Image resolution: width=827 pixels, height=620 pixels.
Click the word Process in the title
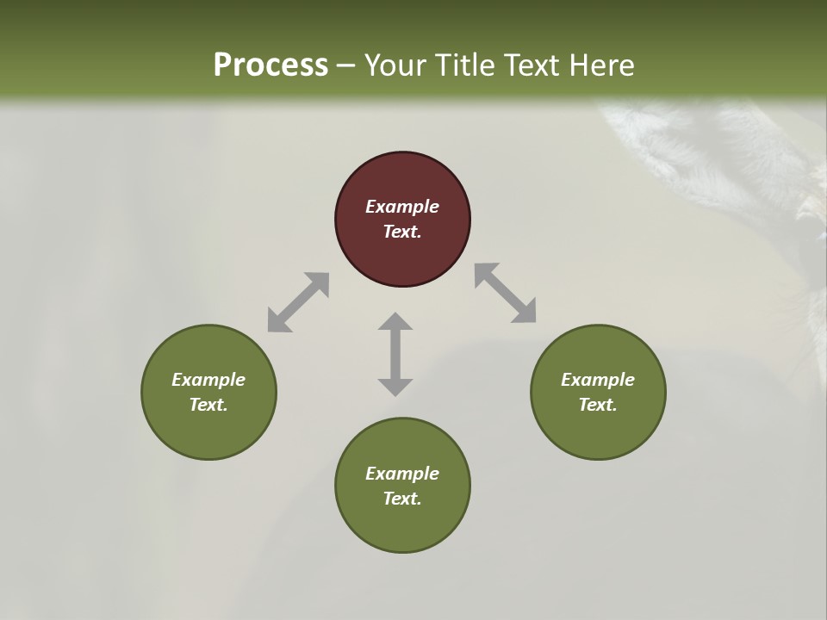(x=270, y=65)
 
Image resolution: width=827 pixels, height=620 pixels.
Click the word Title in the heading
(x=464, y=65)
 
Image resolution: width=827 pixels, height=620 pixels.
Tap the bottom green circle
(x=402, y=525)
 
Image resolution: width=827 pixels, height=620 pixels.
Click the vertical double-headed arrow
(x=395, y=354)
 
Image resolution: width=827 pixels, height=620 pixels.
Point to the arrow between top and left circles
(x=298, y=302)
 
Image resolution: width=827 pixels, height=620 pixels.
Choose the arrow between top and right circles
(x=506, y=293)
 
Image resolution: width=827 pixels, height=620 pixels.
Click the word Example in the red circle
(x=402, y=207)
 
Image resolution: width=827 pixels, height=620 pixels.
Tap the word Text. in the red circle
(x=402, y=232)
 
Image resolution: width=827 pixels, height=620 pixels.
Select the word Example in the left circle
(x=208, y=380)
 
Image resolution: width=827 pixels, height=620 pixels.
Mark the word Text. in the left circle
(x=208, y=405)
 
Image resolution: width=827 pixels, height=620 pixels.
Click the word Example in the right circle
(x=598, y=380)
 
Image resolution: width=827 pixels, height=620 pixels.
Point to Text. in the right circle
(x=598, y=405)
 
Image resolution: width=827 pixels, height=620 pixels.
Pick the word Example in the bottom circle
(x=402, y=474)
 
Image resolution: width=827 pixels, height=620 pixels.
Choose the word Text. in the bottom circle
(x=402, y=499)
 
